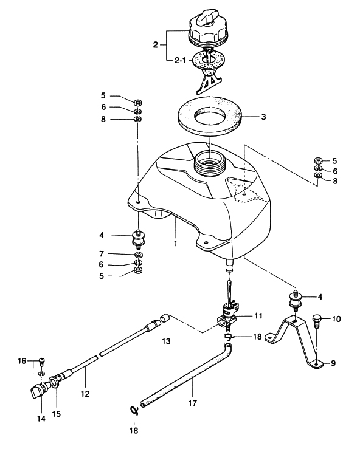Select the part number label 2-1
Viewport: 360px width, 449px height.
[x=180, y=60]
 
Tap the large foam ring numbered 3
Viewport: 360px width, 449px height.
[x=210, y=115]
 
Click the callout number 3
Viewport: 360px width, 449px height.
[x=263, y=117]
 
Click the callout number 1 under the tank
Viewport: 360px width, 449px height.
[x=175, y=244]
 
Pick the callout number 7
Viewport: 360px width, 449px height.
[x=101, y=254]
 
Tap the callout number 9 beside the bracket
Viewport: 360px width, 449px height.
[x=333, y=363]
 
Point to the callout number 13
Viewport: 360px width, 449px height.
[x=166, y=341]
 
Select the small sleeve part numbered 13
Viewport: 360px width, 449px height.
[x=165, y=318]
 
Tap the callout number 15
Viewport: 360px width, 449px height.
[x=57, y=414]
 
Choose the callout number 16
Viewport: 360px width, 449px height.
[x=22, y=361]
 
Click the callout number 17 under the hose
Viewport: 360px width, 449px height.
[x=193, y=403]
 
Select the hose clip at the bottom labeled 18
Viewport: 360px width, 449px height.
[x=134, y=411]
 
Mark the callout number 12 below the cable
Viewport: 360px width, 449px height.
[x=85, y=394]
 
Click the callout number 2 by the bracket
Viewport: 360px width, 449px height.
[x=155, y=45]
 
